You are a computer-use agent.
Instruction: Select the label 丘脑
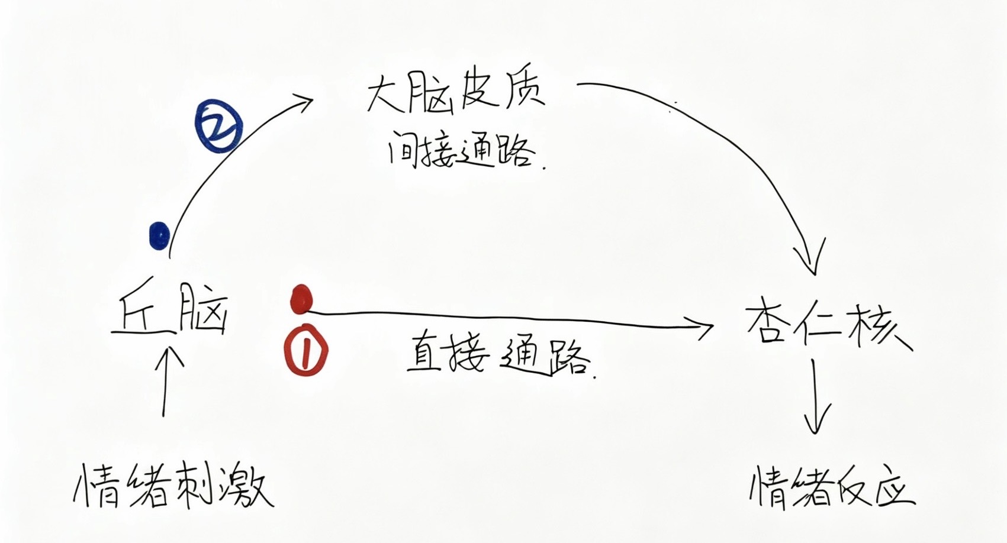169,309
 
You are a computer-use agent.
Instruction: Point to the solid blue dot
159,235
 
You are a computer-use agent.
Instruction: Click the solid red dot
301,299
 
